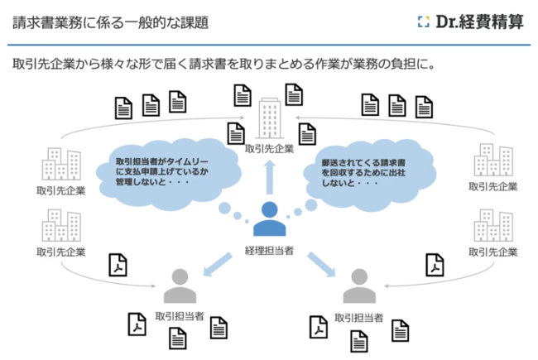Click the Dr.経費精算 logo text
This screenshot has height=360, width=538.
pos(479,22)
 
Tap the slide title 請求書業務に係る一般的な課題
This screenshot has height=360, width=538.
pos(110,22)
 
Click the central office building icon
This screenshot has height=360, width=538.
pos(269,118)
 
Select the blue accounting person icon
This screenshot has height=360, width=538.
pos(269,219)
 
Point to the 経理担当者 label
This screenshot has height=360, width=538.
pos(269,250)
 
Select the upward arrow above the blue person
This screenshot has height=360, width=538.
pos(269,176)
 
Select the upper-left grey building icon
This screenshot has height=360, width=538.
pos(63,164)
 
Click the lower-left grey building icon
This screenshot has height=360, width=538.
pos(63,227)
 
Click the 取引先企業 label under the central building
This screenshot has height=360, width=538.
pos(269,150)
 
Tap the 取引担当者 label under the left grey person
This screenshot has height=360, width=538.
pos(180,318)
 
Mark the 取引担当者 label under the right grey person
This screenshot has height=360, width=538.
pos(358,318)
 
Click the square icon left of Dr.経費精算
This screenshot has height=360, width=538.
pos(423,22)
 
